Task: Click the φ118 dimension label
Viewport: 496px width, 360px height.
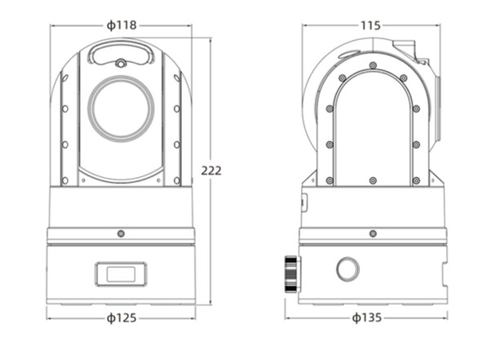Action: (x=122, y=25)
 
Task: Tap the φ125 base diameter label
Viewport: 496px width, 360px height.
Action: (x=122, y=318)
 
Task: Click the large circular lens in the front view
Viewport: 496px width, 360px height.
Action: (x=121, y=108)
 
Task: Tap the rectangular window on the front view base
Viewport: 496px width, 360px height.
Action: (x=121, y=273)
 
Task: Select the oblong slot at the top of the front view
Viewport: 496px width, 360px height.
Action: (x=121, y=53)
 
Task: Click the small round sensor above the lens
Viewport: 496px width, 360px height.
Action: (x=121, y=64)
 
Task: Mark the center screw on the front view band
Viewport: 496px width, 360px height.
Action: (x=121, y=233)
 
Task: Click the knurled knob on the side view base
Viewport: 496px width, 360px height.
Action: (x=291, y=273)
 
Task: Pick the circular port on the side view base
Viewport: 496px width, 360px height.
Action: (x=348, y=269)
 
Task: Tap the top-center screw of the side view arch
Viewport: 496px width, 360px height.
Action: (x=372, y=65)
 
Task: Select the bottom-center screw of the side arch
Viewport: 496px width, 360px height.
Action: (x=372, y=180)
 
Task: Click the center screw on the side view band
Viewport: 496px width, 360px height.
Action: (x=372, y=233)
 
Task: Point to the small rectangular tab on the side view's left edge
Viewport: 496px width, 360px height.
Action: (x=303, y=202)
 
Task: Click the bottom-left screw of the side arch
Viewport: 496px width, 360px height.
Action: (x=330, y=180)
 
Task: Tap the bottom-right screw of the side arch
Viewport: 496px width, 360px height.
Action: (x=416, y=180)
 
